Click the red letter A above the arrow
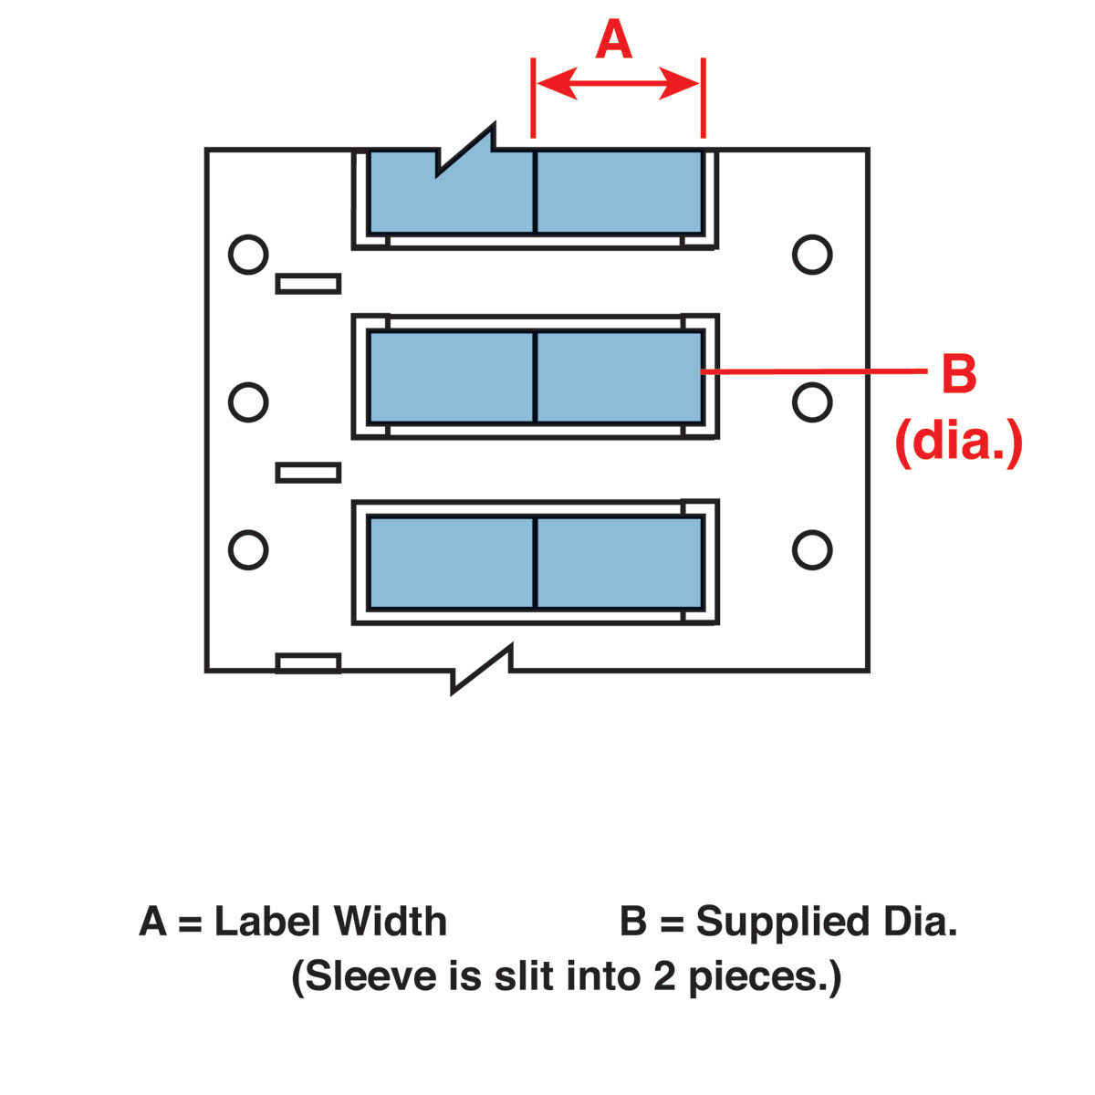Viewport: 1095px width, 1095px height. pos(614,41)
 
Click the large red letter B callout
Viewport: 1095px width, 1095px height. pos(958,374)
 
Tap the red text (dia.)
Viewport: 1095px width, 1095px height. pos(958,443)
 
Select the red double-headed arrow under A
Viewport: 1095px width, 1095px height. pos(618,85)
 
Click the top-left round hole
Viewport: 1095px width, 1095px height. pos(248,254)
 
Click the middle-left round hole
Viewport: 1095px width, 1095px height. pos(248,401)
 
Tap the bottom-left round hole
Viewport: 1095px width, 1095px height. pos(248,549)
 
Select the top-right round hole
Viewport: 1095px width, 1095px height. pos(812,254)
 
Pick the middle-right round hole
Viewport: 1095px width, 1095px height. pos(812,401)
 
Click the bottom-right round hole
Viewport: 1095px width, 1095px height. pos(812,549)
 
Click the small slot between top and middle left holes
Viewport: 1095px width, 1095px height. pos(308,284)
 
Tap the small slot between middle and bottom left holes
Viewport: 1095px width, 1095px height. pos(308,473)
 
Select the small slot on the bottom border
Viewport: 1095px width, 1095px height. pos(308,663)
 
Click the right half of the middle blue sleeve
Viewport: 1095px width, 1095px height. pos(619,377)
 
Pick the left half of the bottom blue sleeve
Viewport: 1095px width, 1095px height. pos(451,562)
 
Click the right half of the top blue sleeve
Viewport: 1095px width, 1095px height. pos(619,192)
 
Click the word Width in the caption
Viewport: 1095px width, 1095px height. pos(390,922)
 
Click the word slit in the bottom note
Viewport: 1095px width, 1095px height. pos(526,976)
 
